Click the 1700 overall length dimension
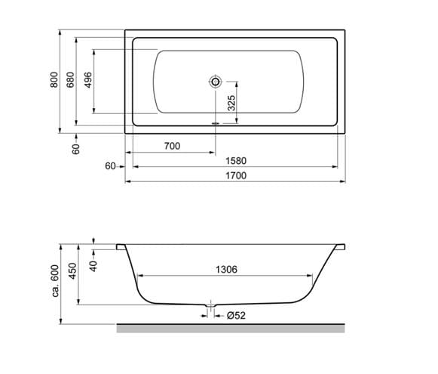point(236,175)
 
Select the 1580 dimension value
point(236,161)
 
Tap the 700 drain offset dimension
point(172,146)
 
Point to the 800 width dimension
point(54,80)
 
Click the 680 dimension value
point(70,80)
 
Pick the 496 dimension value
point(88,80)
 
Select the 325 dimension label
point(231,103)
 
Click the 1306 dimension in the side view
point(226,270)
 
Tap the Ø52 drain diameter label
point(236,316)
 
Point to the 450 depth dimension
point(72,271)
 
